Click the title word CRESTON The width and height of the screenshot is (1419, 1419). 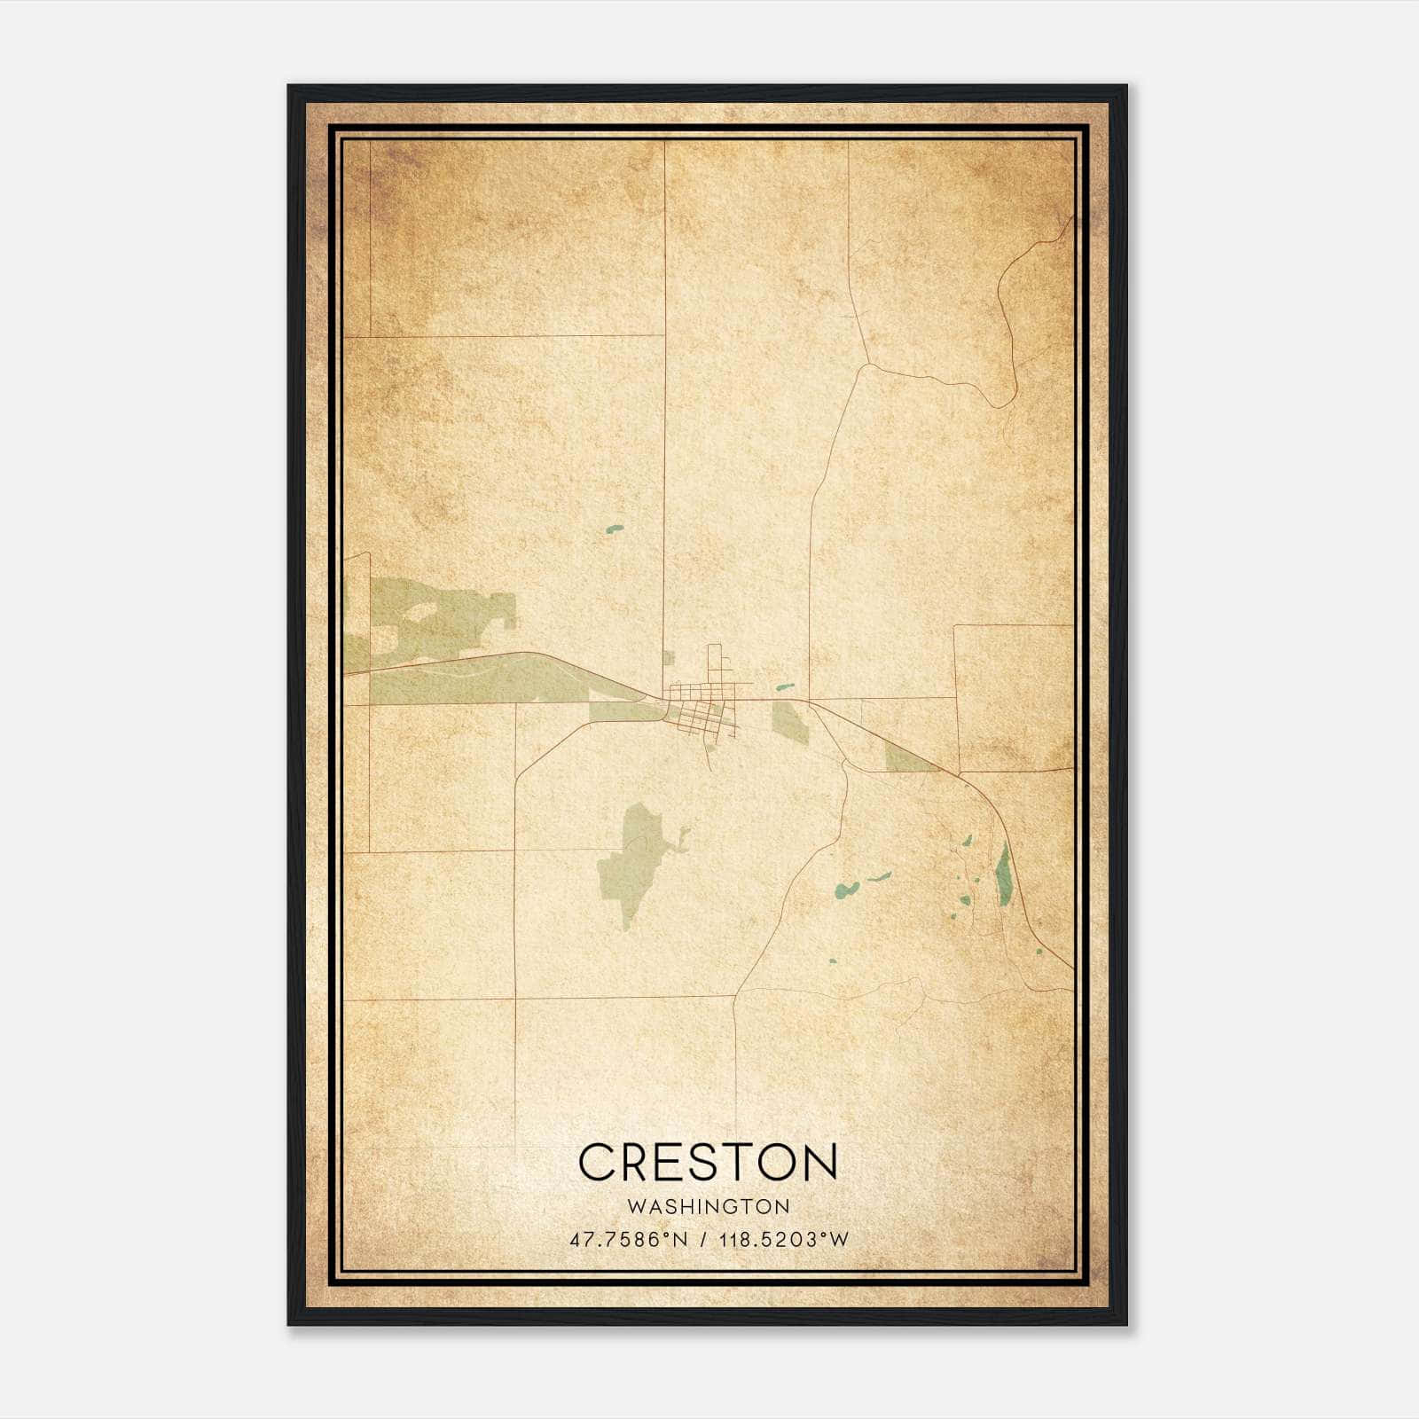coord(708,1162)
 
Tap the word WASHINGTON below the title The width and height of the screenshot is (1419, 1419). coord(708,1207)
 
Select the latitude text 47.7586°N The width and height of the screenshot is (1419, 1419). coord(629,1240)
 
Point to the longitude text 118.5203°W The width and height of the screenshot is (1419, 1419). coord(784,1240)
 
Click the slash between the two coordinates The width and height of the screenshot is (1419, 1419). coord(703,1240)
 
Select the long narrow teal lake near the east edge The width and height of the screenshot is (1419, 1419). coord(1004,874)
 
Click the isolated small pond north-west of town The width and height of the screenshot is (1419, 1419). coord(614,529)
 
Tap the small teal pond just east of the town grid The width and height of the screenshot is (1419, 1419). coord(784,686)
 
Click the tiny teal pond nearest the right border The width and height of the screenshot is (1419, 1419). coord(1039,952)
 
